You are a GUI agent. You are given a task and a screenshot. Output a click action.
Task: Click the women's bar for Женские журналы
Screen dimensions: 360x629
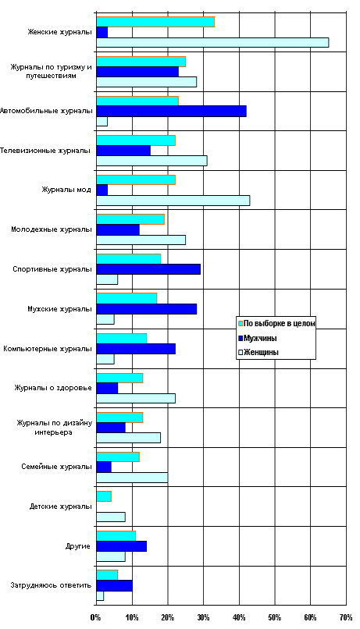tap(212, 42)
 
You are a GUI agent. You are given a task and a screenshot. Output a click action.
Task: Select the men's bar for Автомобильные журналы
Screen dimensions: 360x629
tap(171, 111)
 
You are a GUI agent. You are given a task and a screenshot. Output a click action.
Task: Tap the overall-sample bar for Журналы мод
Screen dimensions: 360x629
tap(136, 180)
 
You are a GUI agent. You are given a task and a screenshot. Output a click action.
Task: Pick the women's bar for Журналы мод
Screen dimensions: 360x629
tap(173, 201)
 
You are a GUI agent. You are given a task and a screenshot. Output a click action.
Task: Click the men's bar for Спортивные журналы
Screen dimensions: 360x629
tap(148, 269)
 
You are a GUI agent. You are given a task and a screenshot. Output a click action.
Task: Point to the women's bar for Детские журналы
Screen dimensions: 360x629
tap(111, 517)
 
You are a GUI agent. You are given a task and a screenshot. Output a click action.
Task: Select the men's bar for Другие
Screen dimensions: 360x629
tap(122, 546)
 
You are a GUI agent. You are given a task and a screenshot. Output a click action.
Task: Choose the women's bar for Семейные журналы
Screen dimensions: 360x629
tap(132, 478)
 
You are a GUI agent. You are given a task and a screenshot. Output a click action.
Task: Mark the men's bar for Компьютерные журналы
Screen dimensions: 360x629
tap(136, 349)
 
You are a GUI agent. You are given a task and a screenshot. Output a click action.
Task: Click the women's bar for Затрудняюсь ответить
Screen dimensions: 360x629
tap(100, 595)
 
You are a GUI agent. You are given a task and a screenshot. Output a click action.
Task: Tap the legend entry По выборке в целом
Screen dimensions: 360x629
tap(277, 323)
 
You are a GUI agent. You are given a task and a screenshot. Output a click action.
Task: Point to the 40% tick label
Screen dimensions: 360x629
tap(239, 617)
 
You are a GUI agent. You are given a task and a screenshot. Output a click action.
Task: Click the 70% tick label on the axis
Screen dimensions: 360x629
tap(346, 617)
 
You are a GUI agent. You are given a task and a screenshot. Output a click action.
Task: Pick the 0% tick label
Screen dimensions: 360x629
tap(95, 617)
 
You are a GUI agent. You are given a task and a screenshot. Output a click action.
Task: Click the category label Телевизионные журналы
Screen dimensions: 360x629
tap(45, 151)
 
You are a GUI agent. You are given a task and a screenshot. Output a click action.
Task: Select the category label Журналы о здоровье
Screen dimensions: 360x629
tap(53, 388)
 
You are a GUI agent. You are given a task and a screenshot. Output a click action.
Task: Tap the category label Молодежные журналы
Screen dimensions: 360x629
tap(52, 230)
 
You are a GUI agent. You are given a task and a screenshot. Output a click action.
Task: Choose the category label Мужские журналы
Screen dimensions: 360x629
tap(60, 309)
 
